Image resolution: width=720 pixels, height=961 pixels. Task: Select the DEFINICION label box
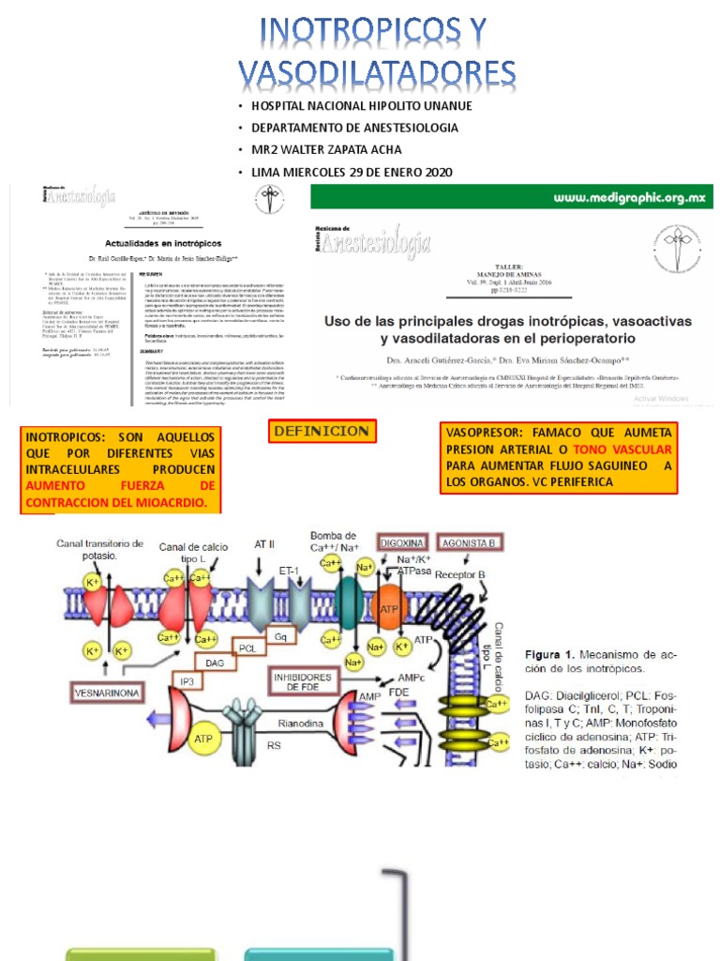322,432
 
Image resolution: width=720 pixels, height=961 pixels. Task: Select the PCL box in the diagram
247,648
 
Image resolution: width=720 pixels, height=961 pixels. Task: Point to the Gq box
278,635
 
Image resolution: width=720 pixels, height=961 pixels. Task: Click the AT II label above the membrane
264,543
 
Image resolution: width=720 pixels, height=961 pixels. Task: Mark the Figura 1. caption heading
554,654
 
